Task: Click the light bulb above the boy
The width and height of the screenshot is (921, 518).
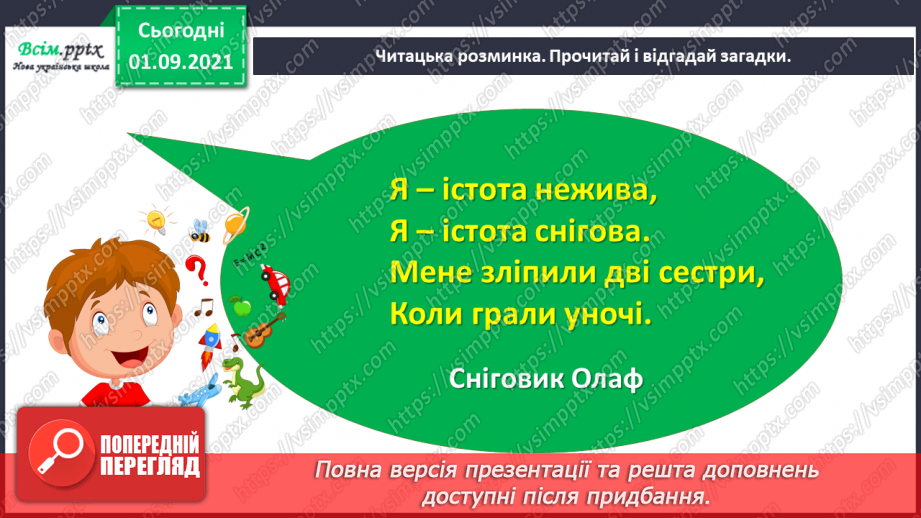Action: pos(155,219)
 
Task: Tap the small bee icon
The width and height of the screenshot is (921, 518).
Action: pos(200,230)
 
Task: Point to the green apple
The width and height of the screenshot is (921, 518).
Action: pos(238,304)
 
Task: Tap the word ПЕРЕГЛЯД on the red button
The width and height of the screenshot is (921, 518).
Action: pos(149,466)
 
